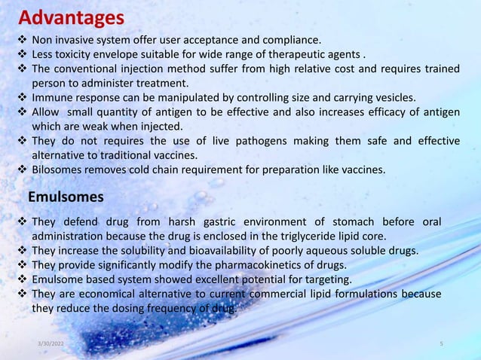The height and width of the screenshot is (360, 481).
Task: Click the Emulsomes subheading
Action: click(x=66, y=197)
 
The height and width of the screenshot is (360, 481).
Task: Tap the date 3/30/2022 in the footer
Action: click(x=51, y=344)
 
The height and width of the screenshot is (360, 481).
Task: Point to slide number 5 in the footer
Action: click(x=441, y=344)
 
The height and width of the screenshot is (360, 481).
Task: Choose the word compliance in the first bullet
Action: click(x=290, y=40)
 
